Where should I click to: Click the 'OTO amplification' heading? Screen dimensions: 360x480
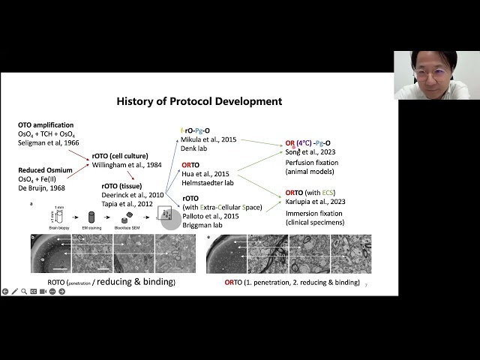[46, 124]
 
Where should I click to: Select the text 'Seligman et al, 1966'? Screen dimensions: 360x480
[49, 142]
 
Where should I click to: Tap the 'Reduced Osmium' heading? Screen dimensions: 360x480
[45, 170]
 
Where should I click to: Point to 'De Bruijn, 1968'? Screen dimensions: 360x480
[43, 187]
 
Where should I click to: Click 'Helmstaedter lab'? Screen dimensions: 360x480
[207, 183]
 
